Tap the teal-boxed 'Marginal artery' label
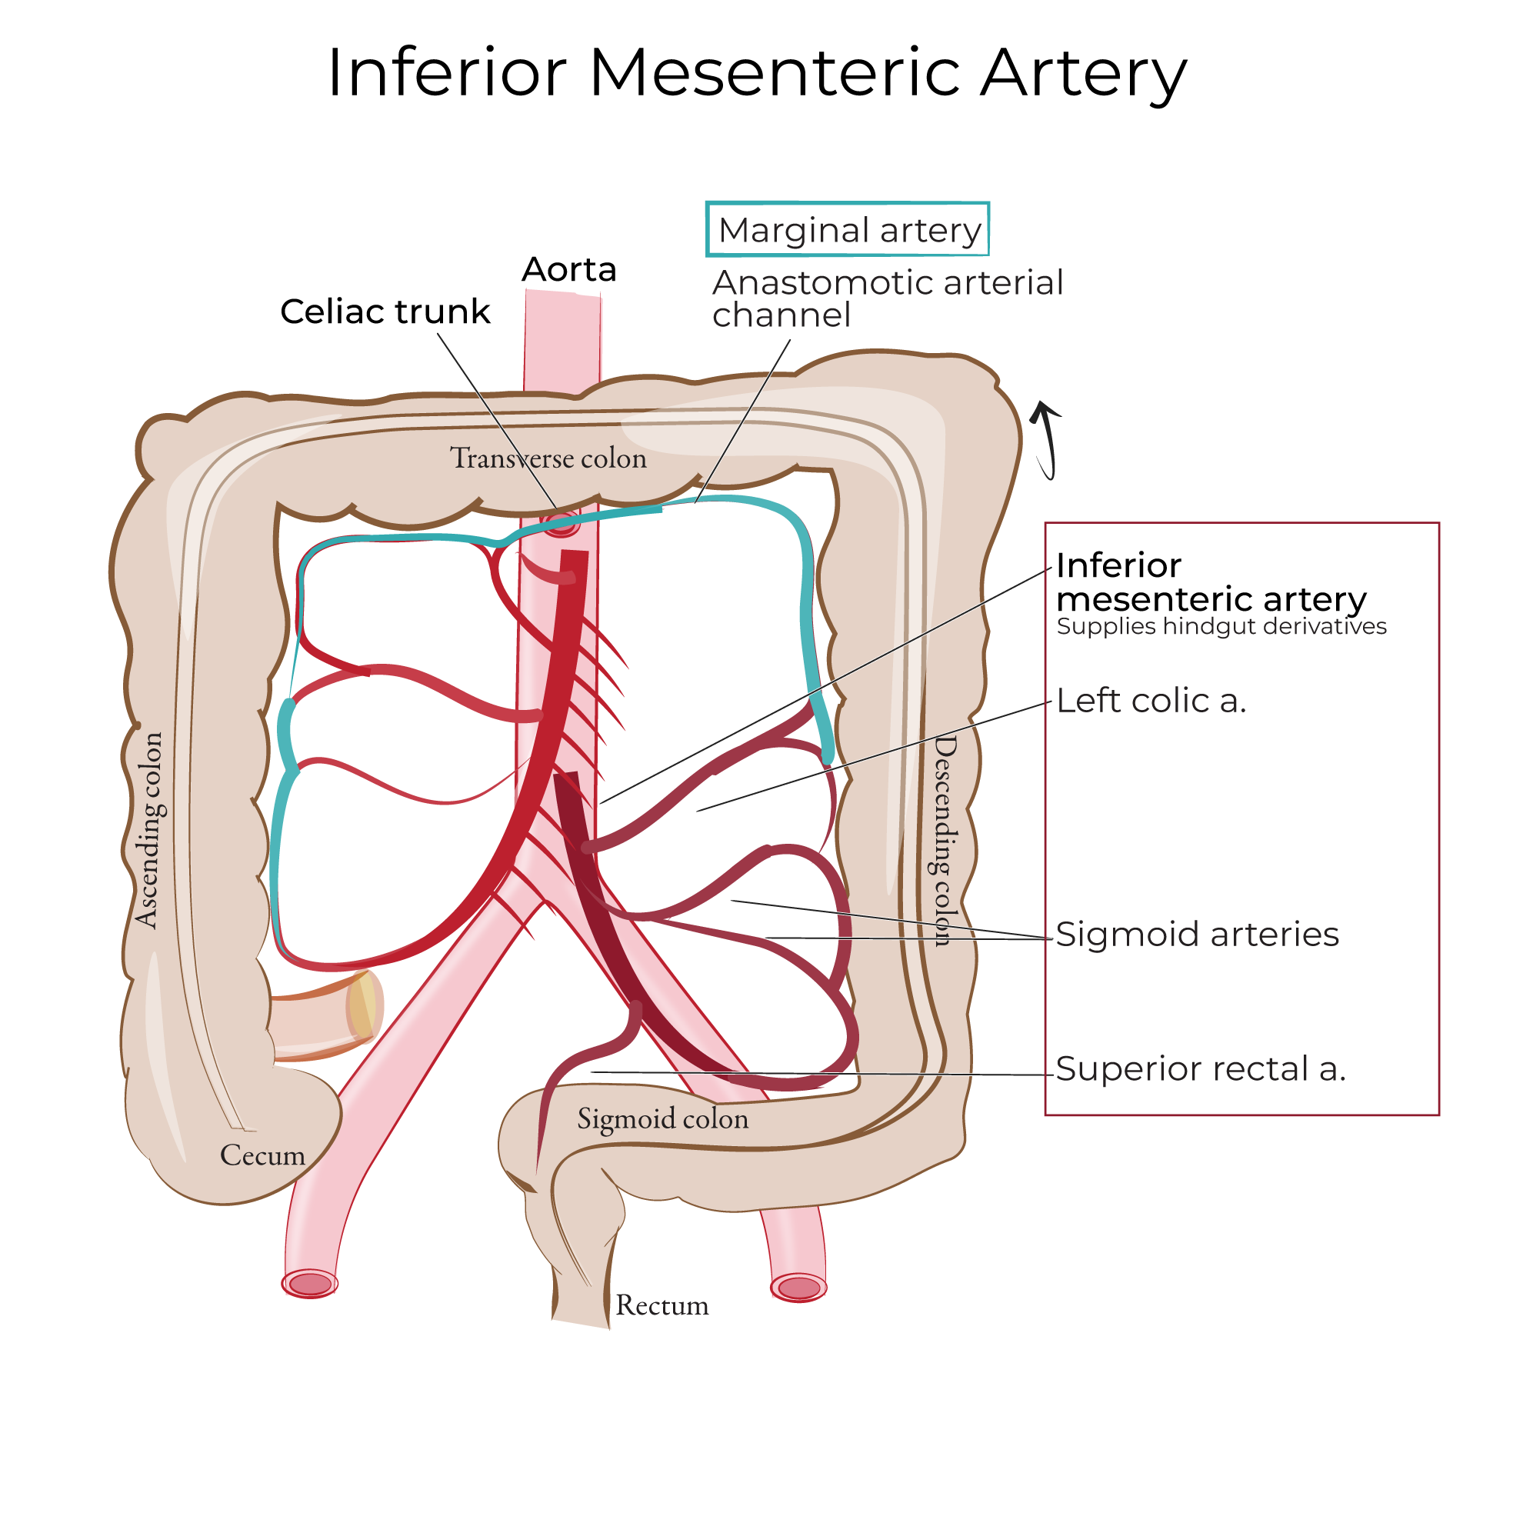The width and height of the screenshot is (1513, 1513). click(x=848, y=230)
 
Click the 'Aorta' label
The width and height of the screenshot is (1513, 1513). click(x=569, y=269)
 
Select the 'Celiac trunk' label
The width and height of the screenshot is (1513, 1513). click(x=385, y=312)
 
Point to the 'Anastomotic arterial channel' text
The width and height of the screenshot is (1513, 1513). click(x=887, y=298)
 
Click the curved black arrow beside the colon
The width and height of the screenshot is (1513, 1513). click(x=1048, y=438)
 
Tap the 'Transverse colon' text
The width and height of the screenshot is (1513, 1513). click(x=548, y=458)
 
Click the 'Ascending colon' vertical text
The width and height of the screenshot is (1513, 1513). click(x=148, y=830)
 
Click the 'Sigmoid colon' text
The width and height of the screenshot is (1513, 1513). click(x=662, y=1118)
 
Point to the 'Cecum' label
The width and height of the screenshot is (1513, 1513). click(x=262, y=1155)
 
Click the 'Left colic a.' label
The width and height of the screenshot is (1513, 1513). click(x=1151, y=701)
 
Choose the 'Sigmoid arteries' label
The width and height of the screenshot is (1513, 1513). click(x=1197, y=935)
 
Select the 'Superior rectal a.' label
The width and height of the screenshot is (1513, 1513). click(x=1201, y=1069)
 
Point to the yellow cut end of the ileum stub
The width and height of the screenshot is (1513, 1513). click(x=362, y=1006)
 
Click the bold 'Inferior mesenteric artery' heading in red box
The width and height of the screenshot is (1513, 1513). click(x=1210, y=582)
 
